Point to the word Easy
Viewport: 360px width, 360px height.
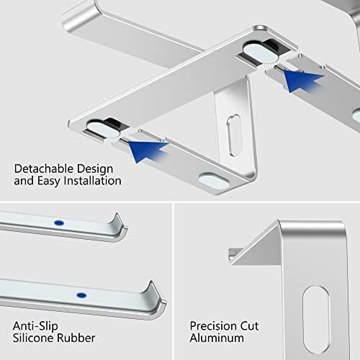[x=50, y=181]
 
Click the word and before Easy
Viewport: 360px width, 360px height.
[x=24, y=181]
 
